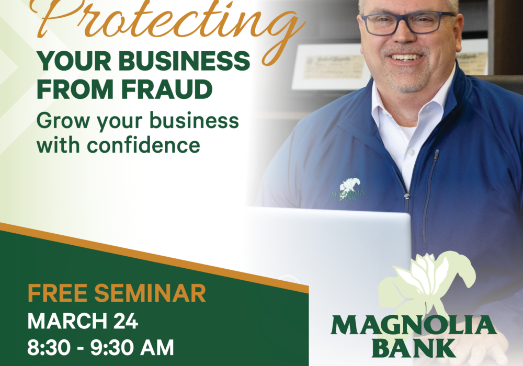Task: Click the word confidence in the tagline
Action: click(x=143, y=145)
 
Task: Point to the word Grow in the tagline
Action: click(x=63, y=121)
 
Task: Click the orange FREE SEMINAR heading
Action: click(x=117, y=293)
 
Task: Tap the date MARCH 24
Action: click(x=83, y=321)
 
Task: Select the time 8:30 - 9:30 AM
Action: click(x=100, y=347)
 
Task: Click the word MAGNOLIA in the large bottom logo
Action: click(x=414, y=325)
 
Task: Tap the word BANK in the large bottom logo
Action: click(x=414, y=348)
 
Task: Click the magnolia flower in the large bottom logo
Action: click(x=427, y=283)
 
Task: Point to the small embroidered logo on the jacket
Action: click(x=348, y=189)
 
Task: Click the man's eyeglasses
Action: click(x=408, y=22)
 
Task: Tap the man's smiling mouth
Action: click(x=406, y=58)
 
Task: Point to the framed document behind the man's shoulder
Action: click(x=330, y=67)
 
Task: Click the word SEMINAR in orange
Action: click(x=150, y=293)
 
